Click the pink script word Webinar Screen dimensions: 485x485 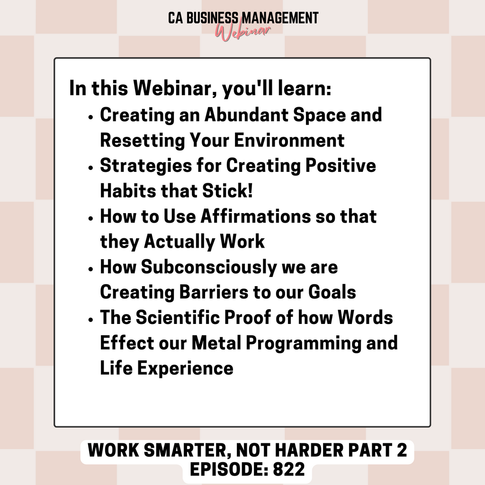[x=243, y=32]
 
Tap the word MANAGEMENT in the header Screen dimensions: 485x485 [x=280, y=18]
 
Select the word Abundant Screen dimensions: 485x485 [x=246, y=115]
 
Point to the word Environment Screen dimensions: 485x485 [x=289, y=140]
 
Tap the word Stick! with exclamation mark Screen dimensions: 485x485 [x=228, y=190]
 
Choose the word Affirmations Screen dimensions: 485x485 [x=255, y=216]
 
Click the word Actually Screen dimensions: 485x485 [x=179, y=242]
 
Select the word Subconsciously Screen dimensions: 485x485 [x=209, y=267]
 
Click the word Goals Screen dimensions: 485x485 [x=332, y=292]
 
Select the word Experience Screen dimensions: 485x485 [x=185, y=368]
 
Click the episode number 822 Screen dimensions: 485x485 [x=289, y=469]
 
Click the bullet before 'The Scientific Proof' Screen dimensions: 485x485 [x=90, y=320]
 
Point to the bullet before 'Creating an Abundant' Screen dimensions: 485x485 [x=90, y=117]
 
